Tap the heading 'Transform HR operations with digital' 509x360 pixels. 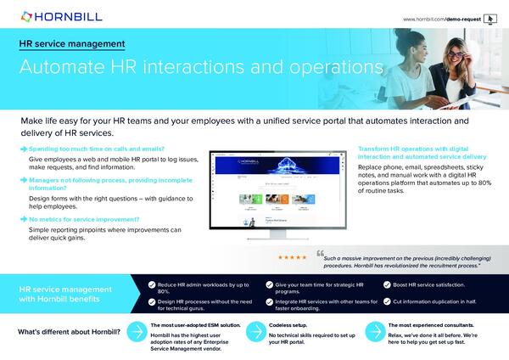click(x=420, y=149)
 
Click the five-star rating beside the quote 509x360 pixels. click(x=293, y=256)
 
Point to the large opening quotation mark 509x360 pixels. click(x=320, y=253)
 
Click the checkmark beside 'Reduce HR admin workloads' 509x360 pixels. click(x=151, y=285)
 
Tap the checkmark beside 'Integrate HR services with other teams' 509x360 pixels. click(x=268, y=301)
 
